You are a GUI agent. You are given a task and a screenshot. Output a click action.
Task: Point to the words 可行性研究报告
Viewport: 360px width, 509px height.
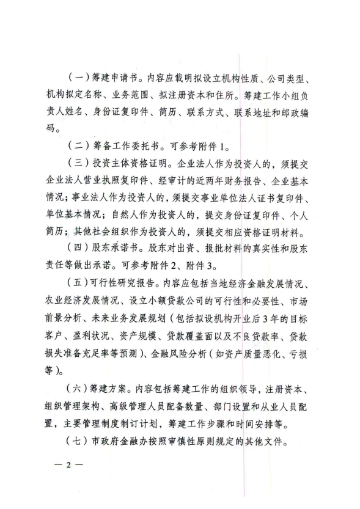[126, 284]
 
